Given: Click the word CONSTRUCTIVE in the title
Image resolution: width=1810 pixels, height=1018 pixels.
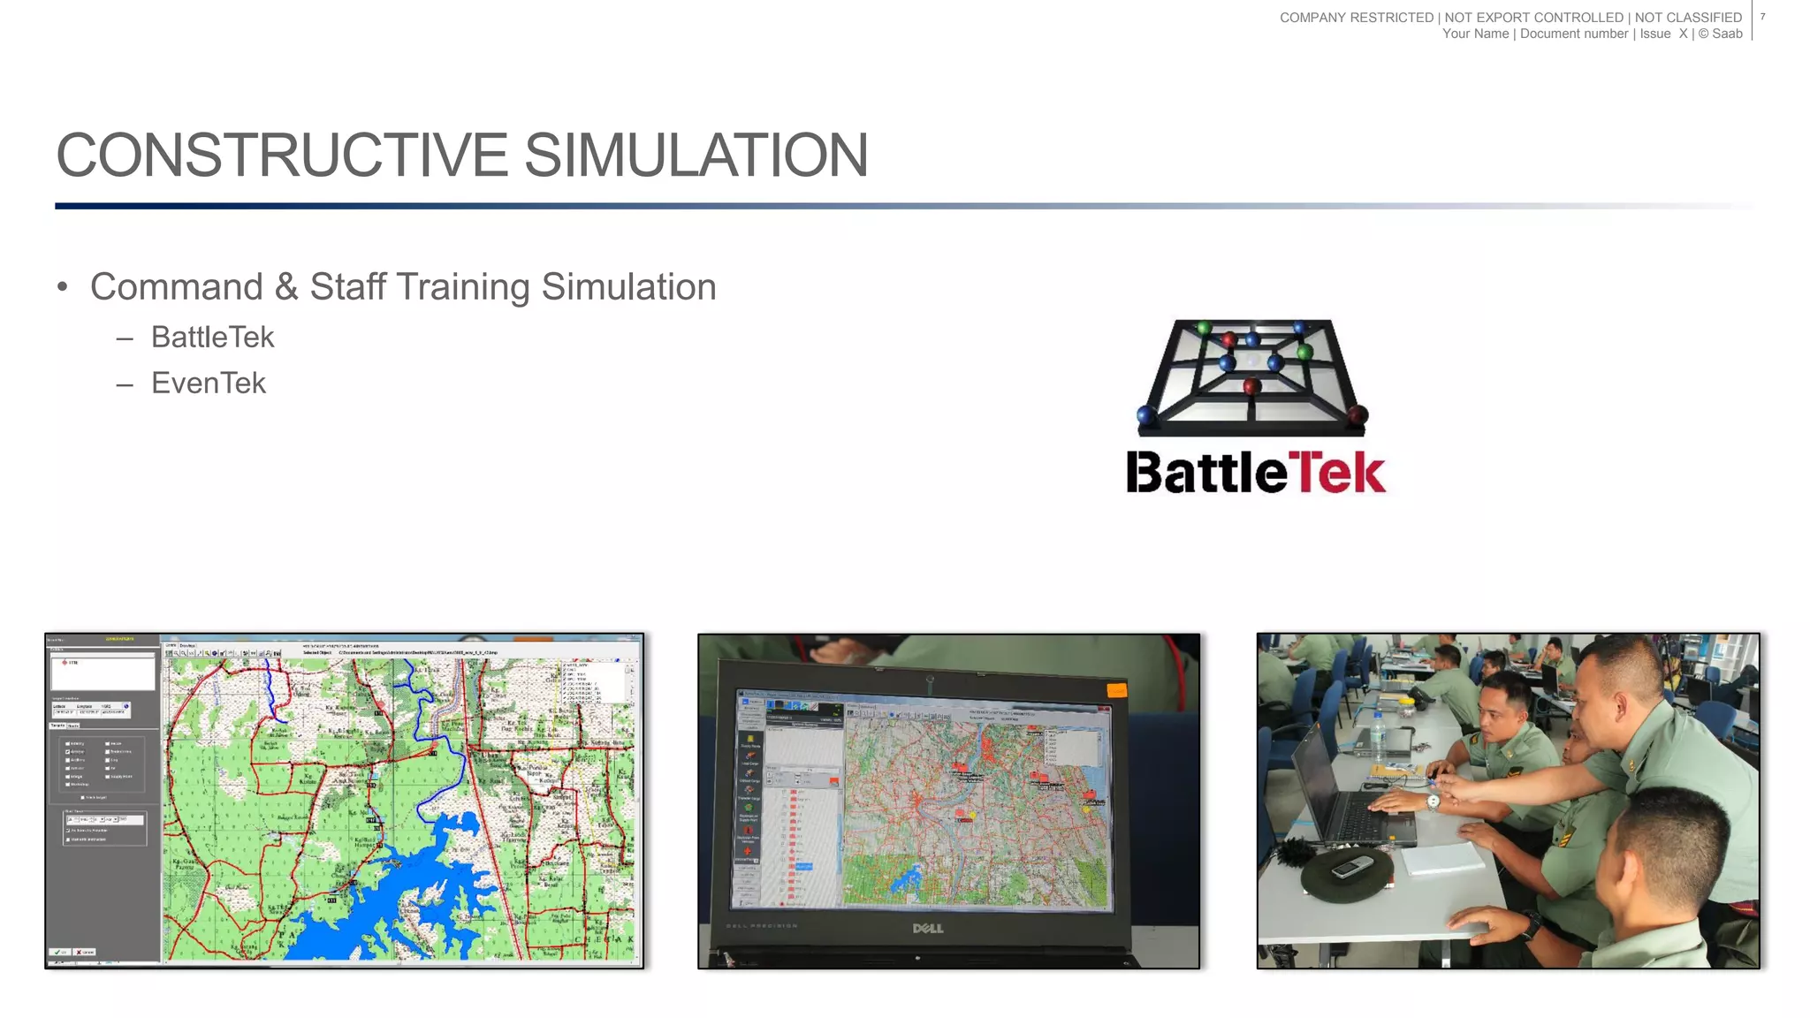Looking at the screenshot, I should click(x=281, y=156).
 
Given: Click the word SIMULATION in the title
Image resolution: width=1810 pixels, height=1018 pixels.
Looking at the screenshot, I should click(x=696, y=156).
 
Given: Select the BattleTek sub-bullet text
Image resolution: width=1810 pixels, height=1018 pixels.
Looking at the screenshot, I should click(x=212, y=338).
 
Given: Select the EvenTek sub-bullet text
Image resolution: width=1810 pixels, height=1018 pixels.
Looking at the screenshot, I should click(x=209, y=384).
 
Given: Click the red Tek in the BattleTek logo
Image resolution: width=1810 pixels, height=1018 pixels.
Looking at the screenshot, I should click(x=1336, y=473).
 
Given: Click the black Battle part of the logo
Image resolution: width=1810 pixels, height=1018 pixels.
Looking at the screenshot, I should click(x=1205, y=473).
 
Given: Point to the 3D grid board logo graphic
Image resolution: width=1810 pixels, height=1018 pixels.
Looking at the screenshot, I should click(x=1251, y=376).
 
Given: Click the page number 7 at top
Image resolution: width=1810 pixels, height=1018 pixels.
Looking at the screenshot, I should click(x=1762, y=17).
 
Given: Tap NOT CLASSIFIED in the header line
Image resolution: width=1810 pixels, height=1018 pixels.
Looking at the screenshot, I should click(x=1688, y=17).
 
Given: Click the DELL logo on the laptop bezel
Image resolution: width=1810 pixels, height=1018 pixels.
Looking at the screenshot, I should click(x=927, y=928).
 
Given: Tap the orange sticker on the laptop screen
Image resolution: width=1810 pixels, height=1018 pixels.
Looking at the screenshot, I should click(x=1116, y=689).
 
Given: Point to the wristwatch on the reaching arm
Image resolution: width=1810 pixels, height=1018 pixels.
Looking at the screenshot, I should click(x=1433, y=802).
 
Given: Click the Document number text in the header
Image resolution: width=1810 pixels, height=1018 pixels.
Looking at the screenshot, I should click(x=1573, y=34).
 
